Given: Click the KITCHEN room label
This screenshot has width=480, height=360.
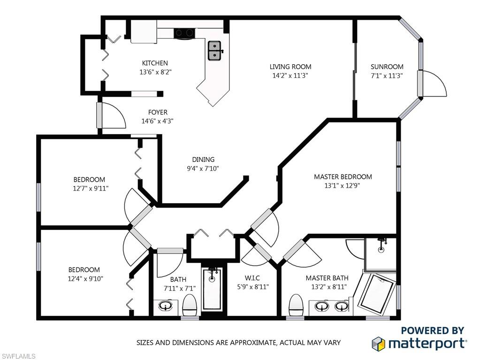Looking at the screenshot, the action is pos(155,63).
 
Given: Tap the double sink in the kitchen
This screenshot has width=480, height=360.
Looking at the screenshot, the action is pos(215,51).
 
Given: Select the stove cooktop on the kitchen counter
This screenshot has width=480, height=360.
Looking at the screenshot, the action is pos(184,33).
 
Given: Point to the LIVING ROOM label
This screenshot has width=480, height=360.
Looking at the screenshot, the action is pos(290,67).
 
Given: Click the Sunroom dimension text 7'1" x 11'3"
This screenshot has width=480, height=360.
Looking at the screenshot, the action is pos(387,76).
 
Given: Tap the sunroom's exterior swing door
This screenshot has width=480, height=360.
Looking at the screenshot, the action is pos(432,84).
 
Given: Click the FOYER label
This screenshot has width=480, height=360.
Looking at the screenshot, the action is pos(158,112).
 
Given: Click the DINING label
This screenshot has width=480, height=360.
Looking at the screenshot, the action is pos(203,159).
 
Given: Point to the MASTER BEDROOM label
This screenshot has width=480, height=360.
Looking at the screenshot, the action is pos(343,176).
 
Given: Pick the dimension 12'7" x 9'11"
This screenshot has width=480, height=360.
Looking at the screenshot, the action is pos(91,188).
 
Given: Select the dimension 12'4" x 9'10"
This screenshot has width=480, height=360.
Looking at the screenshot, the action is pos(85,279).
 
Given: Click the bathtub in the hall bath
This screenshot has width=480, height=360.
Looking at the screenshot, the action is pos(212,288).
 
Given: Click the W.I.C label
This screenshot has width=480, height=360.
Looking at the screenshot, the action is pos(252,278).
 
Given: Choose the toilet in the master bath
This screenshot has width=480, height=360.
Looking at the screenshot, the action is pos(296,305).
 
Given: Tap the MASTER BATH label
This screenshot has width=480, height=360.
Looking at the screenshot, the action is pos(327,278).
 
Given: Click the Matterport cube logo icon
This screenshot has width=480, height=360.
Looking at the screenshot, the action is pos(378,343).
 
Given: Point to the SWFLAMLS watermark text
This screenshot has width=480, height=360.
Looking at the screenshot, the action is pos(18,356).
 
